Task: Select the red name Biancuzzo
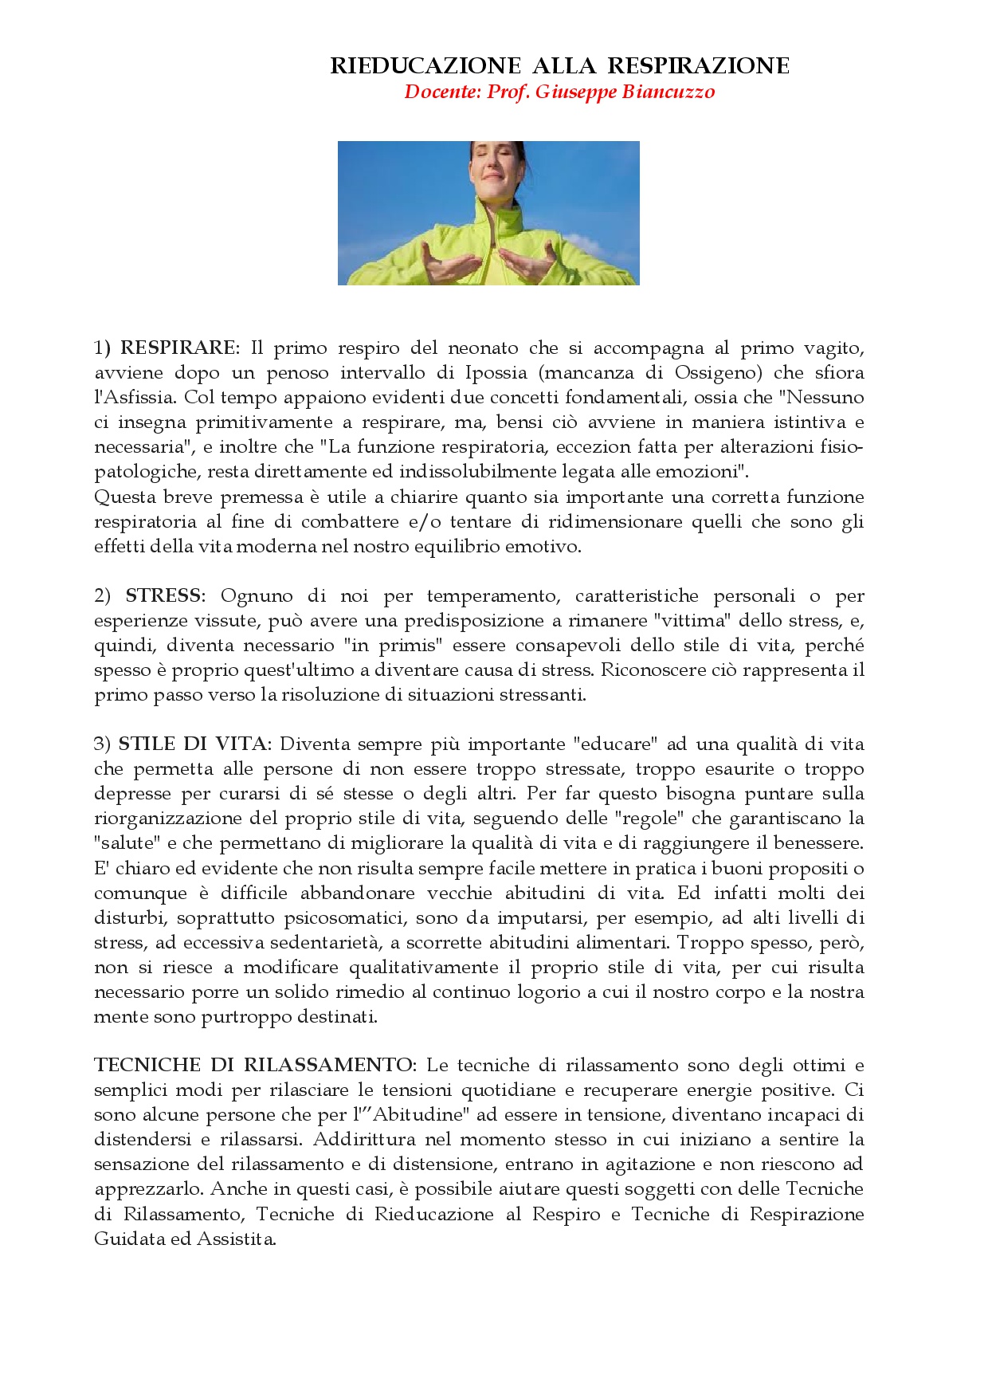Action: coord(668,92)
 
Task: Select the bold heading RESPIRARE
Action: coord(178,348)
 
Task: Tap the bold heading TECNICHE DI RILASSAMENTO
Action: coord(254,1066)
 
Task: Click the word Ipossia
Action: coord(496,373)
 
